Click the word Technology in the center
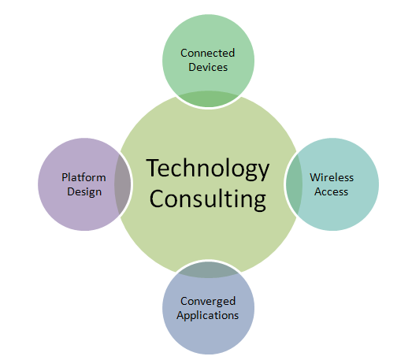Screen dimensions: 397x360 208,169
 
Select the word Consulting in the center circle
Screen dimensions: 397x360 208,199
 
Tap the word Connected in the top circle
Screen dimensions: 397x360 207,53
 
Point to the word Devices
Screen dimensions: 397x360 208,67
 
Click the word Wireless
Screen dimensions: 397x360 332,177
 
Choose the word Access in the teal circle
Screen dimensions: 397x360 332,191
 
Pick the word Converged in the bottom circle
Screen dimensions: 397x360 208,302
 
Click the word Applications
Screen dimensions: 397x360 207,315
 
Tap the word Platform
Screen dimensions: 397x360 83,177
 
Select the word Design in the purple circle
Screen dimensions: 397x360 84,192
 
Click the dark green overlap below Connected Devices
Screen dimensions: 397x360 209,98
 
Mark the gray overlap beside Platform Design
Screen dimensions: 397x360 122,184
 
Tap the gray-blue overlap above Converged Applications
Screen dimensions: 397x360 209,269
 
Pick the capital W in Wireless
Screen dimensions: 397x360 314,177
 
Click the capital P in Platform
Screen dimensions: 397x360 65,177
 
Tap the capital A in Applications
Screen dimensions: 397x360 180,315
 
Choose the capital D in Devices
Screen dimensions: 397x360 192,67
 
